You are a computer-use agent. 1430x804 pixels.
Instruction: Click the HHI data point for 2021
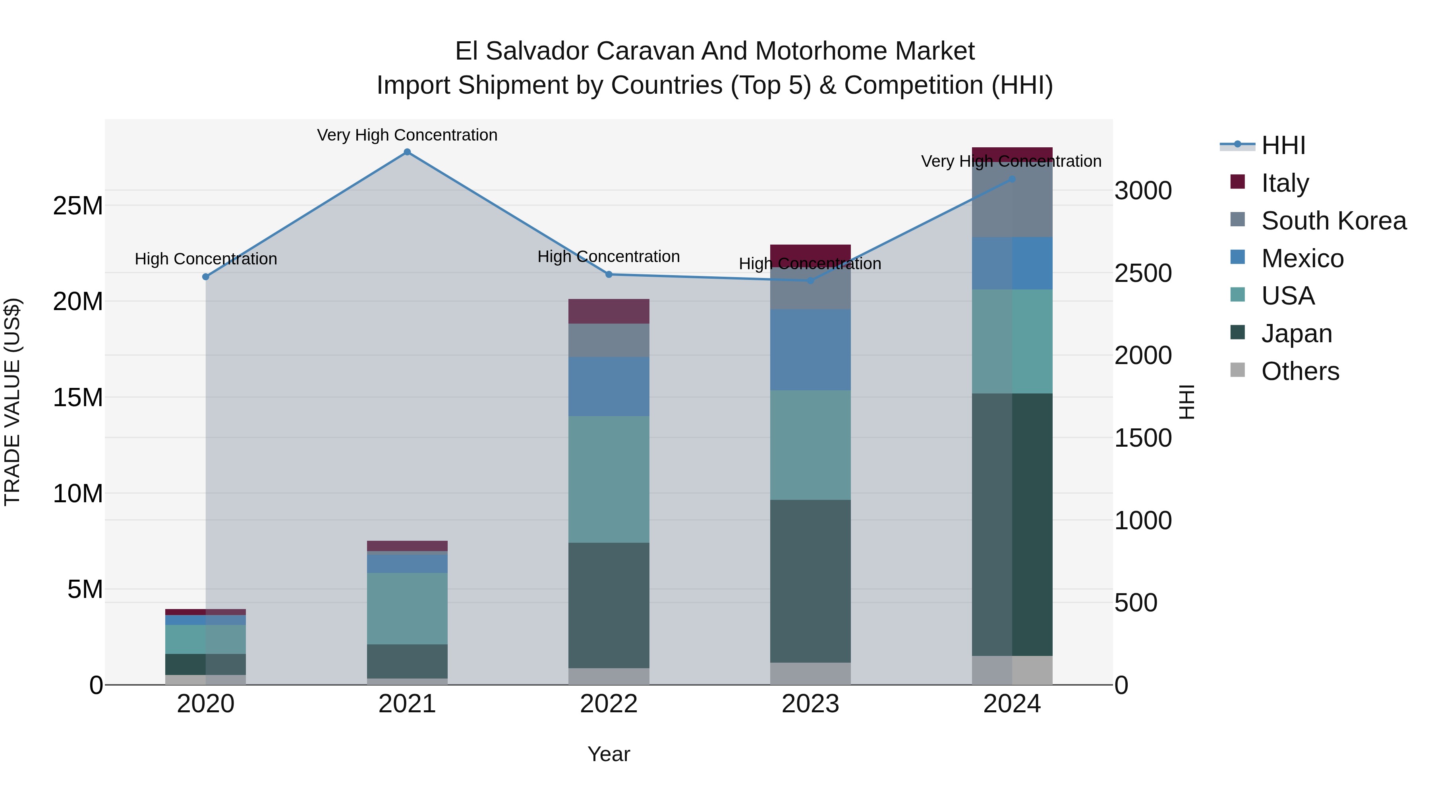pos(407,152)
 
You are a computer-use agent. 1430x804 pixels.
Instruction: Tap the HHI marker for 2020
pos(205,277)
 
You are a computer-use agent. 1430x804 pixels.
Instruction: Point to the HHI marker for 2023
pos(810,281)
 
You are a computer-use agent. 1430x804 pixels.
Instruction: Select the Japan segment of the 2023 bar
pos(810,581)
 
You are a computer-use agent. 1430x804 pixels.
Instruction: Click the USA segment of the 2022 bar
pos(609,479)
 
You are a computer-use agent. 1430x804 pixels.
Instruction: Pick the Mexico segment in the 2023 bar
pos(810,349)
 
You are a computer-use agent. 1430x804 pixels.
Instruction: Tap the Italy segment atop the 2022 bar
pos(609,311)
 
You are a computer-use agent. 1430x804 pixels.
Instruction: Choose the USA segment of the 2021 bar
pos(407,608)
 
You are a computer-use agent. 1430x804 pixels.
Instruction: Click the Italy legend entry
pos(1285,183)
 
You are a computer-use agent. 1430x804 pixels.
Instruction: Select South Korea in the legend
pos(1333,221)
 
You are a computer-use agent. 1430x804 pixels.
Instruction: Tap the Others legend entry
pos(1300,371)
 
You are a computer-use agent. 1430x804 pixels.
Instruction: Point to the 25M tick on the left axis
pos(78,206)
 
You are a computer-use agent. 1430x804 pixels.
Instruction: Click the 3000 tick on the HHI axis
pos(1143,191)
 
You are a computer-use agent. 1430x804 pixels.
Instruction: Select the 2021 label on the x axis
pos(407,704)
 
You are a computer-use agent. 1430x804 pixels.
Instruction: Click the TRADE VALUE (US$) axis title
pos(12,402)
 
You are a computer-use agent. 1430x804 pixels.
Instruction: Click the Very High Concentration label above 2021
pos(407,135)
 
